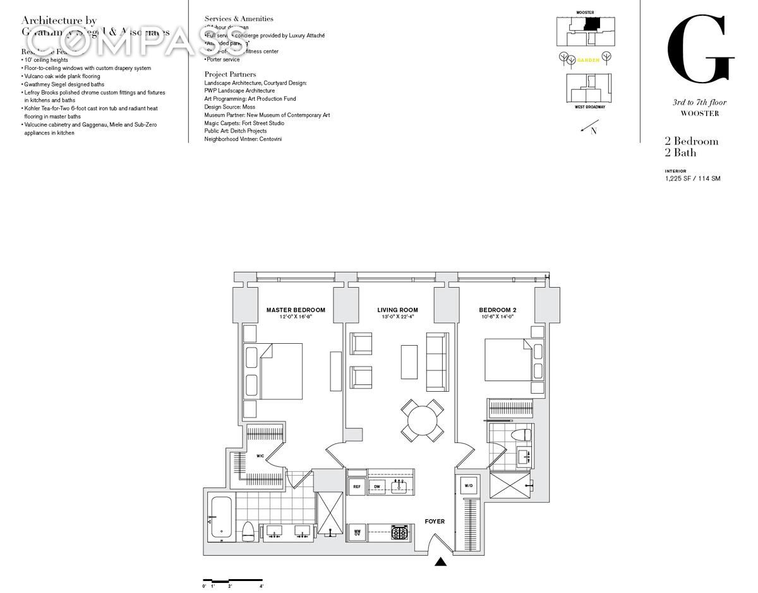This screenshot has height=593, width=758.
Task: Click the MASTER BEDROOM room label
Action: click(296, 310)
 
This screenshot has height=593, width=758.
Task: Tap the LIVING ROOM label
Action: click(397, 310)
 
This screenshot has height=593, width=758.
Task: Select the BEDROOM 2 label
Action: click(498, 310)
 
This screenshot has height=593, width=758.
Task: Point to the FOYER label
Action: click(435, 522)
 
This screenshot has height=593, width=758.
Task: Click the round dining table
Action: click(421, 420)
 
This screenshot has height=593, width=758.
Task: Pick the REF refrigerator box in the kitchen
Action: click(357, 486)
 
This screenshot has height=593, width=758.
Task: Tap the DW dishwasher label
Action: click(376, 486)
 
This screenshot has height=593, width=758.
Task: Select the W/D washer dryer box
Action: click(469, 486)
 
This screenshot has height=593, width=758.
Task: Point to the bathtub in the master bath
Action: click(221, 519)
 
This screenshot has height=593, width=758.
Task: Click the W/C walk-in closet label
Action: click(260, 455)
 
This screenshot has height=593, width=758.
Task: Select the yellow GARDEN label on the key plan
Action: click(587, 60)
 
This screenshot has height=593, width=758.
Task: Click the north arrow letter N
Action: click(593, 131)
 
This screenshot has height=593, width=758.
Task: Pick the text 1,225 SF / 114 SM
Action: click(692, 179)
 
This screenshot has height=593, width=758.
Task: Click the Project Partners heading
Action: click(231, 74)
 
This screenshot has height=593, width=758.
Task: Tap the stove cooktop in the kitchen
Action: click(399, 532)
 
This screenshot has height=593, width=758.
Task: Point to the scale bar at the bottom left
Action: click(232, 580)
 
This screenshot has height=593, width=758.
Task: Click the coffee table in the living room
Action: click(409, 361)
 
